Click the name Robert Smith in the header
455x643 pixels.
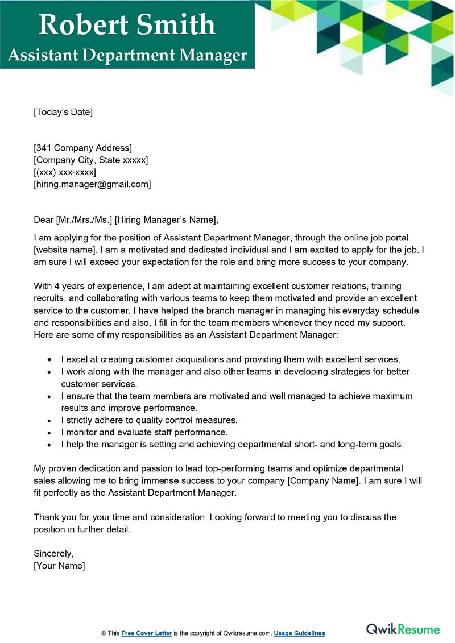pyautogui.click(x=127, y=24)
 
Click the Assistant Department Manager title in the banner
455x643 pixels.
pyautogui.click(x=127, y=55)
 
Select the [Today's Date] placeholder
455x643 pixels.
pyautogui.click(x=63, y=112)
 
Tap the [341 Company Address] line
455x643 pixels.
pyautogui.click(x=82, y=148)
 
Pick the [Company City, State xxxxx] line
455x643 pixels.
pyautogui.click(x=90, y=160)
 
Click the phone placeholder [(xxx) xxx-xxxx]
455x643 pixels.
pyautogui.click(x=65, y=172)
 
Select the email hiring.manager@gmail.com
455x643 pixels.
pyautogui.click(x=92, y=184)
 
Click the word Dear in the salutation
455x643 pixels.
pyautogui.click(x=43, y=220)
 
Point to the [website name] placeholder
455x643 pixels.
pyautogui.click(x=63, y=250)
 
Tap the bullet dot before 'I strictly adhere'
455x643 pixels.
pyautogui.click(x=50, y=421)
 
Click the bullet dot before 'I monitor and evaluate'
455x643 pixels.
pyautogui.click(x=50, y=433)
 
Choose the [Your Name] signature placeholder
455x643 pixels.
pyautogui.click(x=59, y=566)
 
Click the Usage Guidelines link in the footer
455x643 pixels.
pyautogui.click(x=299, y=633)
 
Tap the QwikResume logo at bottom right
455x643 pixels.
pyautogui.click(x=403, y=629)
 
